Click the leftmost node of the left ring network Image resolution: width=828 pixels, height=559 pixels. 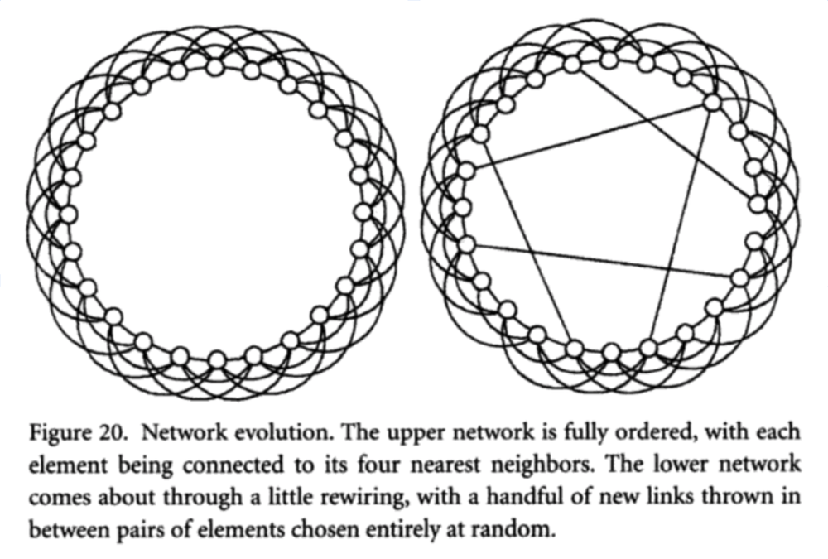point(69,214)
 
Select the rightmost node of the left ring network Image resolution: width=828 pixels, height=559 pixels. point(363,212)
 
